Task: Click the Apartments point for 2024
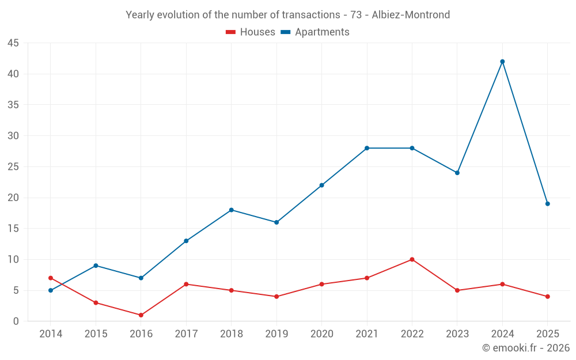coord(502,62)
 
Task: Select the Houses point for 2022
coord(412,259)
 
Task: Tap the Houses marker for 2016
coord(141,315)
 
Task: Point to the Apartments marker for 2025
coord(547,204)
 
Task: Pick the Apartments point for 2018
coord(231,210)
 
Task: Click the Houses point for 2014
coord(51,278)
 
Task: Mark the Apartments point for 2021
coord(367,148)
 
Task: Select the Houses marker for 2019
coord(276,297)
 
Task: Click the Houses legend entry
coord(251,32)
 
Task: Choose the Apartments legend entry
coord(315,32)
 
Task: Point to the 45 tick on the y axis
coord(13,43)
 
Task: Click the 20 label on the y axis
coord(13,198)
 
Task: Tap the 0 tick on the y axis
coord(16,321)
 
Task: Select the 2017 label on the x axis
coord(186,334)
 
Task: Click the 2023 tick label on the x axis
coord(457,334)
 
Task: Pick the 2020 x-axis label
coord(321,334)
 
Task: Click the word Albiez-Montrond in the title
coord(411,15)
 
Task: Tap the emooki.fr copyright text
coord(526,348)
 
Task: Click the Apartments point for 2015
coord(96,266)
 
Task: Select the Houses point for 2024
coord(502,284)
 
